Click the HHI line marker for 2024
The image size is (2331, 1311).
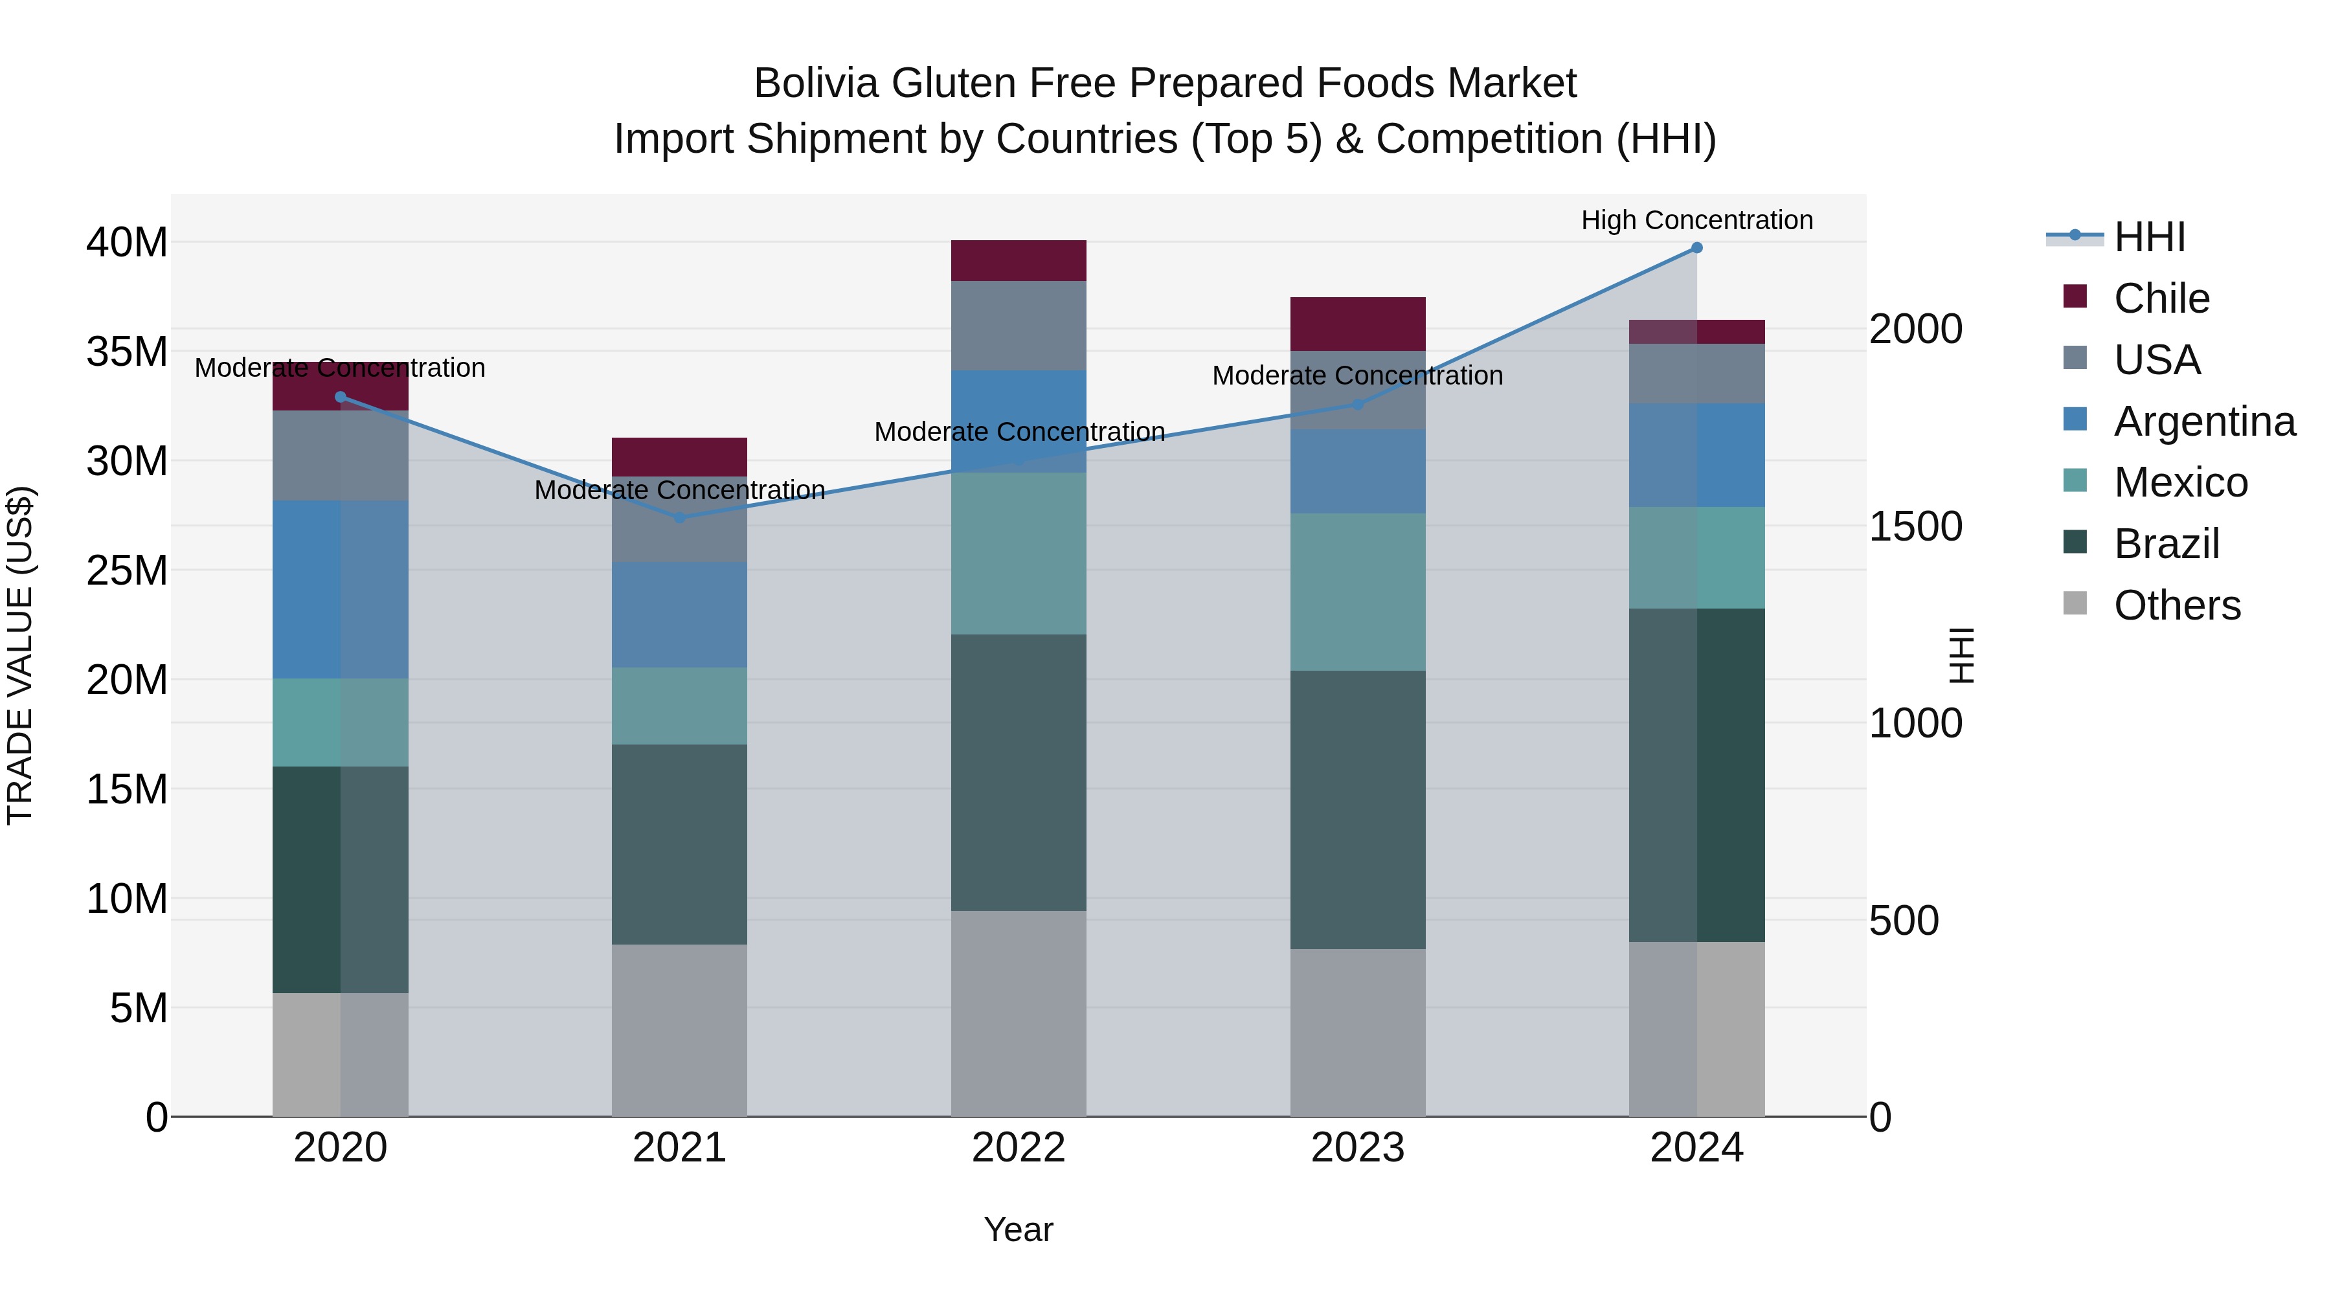1696,248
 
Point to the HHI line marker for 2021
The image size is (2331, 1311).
680,517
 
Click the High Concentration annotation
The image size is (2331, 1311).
1696,220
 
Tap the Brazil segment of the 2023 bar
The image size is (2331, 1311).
1357,810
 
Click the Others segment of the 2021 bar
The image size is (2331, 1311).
680,1031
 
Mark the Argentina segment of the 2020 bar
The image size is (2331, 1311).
340,589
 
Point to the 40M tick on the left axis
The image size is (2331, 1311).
127,243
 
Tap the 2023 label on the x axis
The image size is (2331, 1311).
1357,1148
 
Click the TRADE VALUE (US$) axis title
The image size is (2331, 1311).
20,655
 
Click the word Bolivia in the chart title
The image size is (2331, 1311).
816,84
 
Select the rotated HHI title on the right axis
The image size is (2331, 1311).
1960,655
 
